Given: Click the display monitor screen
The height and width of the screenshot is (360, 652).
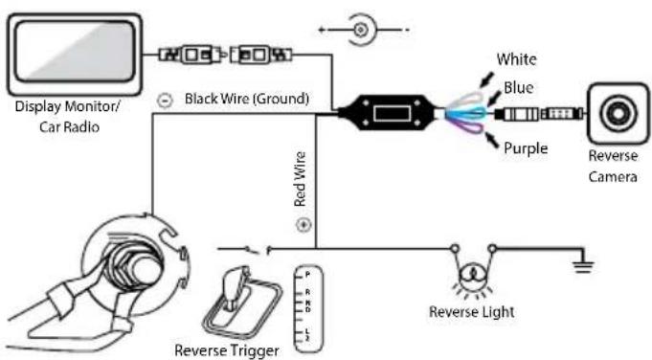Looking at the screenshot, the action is tap(75, 52).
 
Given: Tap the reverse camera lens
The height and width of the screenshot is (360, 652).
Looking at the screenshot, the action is tap(618, 113).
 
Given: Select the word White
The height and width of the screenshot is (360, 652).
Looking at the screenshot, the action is tap(516, 59).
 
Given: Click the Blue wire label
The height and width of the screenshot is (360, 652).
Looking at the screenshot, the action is tap(519, 88).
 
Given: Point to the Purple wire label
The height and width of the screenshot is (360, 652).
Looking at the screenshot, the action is tap(526, 148).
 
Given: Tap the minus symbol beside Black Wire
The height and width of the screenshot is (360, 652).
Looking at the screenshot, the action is tap(165, 101).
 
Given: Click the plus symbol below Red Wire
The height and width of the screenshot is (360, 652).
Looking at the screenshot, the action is tap(304, 225).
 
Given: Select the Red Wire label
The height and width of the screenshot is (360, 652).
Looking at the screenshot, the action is tap(300, 179).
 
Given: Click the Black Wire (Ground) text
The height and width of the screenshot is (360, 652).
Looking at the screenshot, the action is tap(247, 99).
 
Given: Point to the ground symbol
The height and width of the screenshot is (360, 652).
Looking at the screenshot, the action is tap(583, 262).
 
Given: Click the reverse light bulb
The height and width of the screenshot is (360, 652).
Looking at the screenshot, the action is tap(473, 275).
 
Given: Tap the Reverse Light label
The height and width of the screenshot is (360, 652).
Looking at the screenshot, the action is tap(472, 312).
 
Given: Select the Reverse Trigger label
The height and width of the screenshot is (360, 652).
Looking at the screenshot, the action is tap(227, 350).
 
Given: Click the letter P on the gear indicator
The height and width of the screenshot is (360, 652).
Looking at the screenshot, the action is tap(307, 275).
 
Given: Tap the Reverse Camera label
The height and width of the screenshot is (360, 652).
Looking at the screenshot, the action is tap(613, 167).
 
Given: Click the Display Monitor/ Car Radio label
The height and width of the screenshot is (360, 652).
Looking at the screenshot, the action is tap(68, 117).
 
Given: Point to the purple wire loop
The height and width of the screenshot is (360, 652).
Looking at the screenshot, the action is tap(468, 126).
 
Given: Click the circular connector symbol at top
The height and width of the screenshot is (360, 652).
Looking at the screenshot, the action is tap(361, 30).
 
